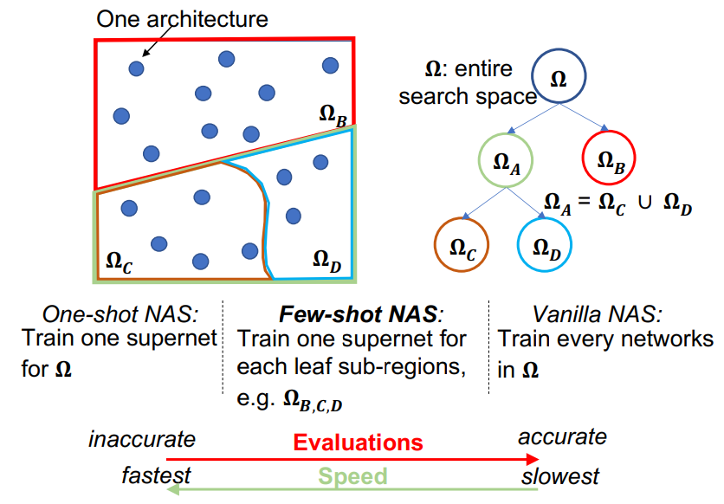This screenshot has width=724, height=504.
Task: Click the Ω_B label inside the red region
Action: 333,115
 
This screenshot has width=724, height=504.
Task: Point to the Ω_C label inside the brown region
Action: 120,262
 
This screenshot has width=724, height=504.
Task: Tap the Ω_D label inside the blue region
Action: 326,261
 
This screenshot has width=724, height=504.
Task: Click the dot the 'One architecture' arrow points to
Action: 136,68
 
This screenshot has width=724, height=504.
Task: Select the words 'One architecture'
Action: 182,19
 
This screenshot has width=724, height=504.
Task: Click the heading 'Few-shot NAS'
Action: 358,314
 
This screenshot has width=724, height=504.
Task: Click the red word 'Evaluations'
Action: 358,443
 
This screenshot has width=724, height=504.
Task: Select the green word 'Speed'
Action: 352,475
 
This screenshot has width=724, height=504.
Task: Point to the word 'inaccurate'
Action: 142,439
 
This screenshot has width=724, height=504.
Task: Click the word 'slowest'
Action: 560,476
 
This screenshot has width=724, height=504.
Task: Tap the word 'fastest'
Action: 156,475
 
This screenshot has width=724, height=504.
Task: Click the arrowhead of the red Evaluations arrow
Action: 533,459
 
